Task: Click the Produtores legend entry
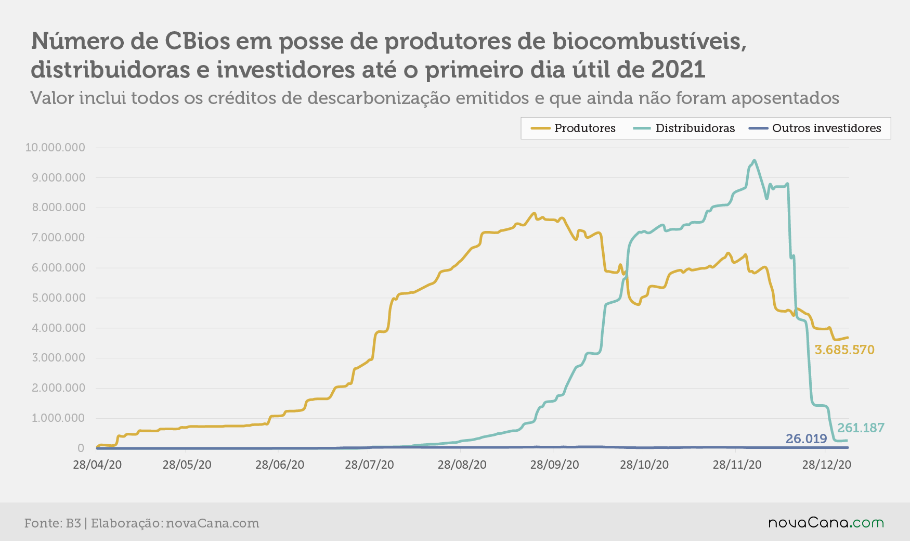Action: coord(573,128)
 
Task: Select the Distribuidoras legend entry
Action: coord(684,128)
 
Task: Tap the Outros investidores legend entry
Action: coord(814,128)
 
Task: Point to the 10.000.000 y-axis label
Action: coord(55,147)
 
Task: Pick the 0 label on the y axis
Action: coord(81,448)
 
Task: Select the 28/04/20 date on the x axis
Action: coord(97,465)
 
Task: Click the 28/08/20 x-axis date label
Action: coord(462,465)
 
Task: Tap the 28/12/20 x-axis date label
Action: coord(826,465)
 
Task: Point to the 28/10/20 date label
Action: coord(644,465)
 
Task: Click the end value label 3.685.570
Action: coord(844,350)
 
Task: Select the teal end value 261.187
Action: coord(861,428)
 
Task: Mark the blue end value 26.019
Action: coord(806,439)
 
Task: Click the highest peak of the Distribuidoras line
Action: coord(754,160)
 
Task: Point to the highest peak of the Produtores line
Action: coord(534,213)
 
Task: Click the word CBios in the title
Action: coord(198,41)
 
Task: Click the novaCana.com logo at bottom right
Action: coord(826,523)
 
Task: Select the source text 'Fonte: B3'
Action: coord(53,523)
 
